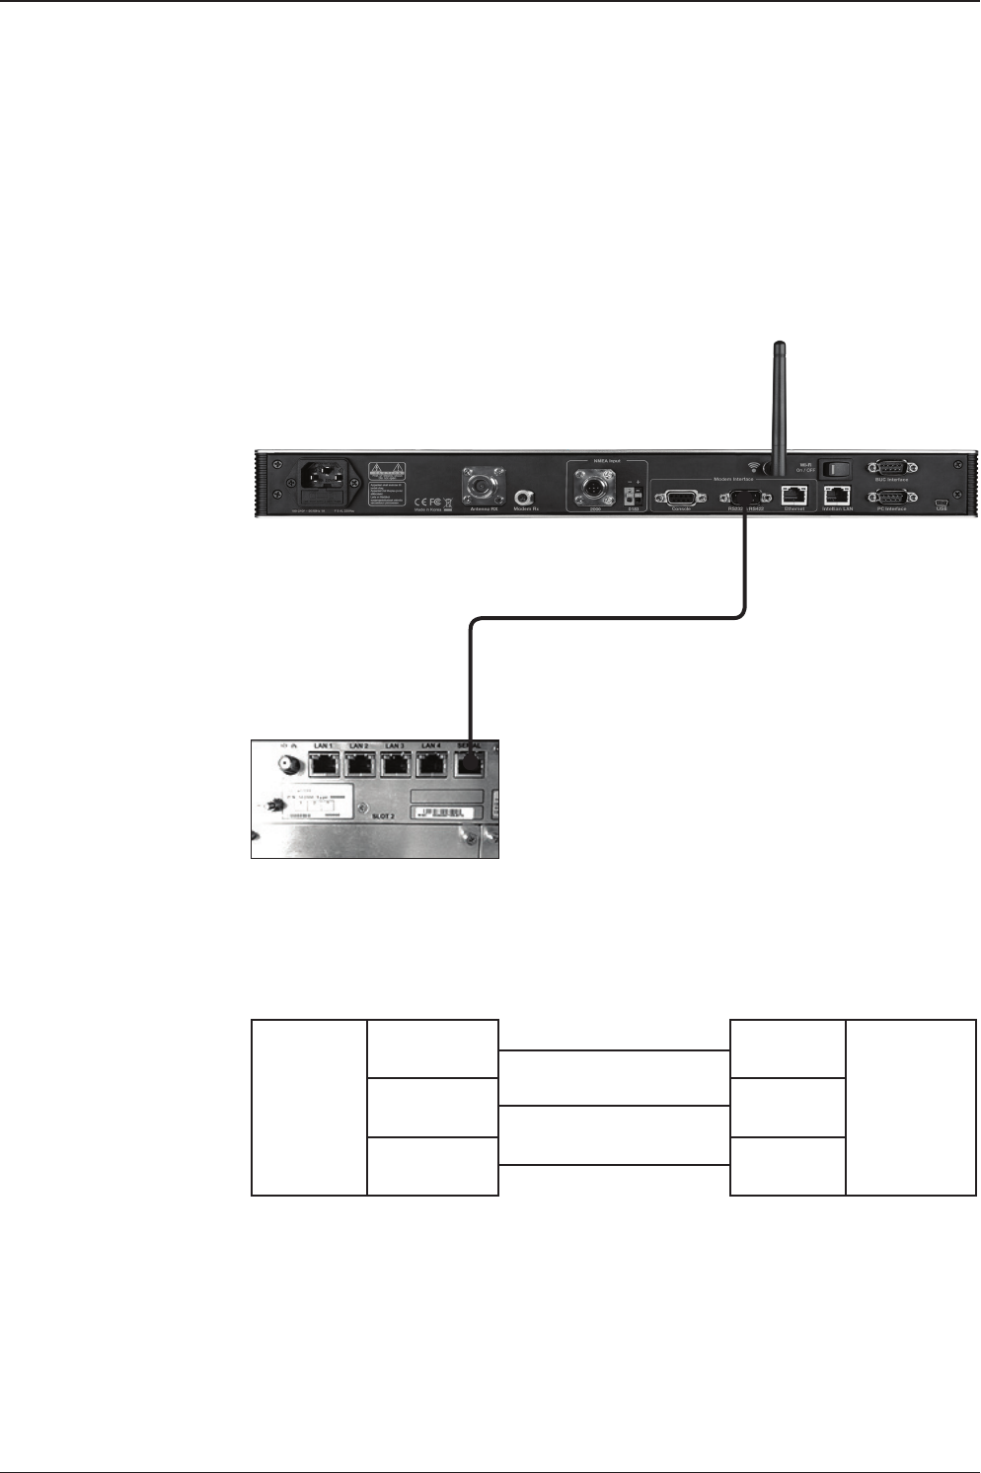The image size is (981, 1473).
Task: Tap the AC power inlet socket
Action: point(323,484)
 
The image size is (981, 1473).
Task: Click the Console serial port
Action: point(681,499)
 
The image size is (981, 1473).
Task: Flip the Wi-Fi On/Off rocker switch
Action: point(835,468)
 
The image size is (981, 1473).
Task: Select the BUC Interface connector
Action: point(891,467)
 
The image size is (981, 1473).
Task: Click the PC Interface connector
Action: point(891,496)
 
